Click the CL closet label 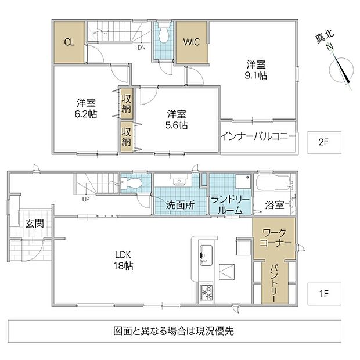pyautogui.click(x=69, y=42)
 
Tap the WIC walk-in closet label pyautogui.click(x=192, y=42)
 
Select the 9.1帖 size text pyautogui.click(x=255, y=75)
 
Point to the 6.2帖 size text pyautogui.click(x=86, y=114)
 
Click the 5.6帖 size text pyautogui.click(x=177, y=125)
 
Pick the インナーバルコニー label pyautogui.click(x=258, y=137)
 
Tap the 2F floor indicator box pyautogui.click(x=324, y=142)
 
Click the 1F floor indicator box pyautogui.click(x=324, y=294)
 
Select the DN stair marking pyautogui.click(x=142, y=48)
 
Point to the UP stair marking pyautogui.click(x=86, y=199)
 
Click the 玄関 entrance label pyautogui.click(x=34, y=224)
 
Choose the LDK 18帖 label pyautogui.click(x=123, y=260)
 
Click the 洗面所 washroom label pyautogui.click(x=181, y=205)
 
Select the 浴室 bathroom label pyautogui.click(x=275, y=205)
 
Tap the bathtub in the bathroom pyautogui.click(x=273, y=183)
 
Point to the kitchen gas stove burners pyautogui.click(x=207, y=292)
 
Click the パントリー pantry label pyautogui.click(x=275, y=283)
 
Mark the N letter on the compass pyautogui.click(x=330, y=47)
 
